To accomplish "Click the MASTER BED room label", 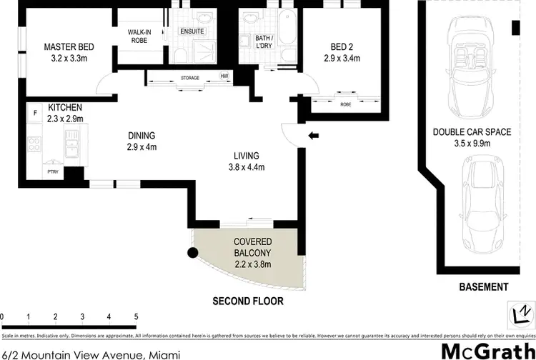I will (69, 47).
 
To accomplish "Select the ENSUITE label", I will (192, 31).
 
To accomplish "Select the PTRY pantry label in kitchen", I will (53, 171).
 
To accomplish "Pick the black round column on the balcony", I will (192, 251).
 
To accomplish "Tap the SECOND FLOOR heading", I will (248, 301).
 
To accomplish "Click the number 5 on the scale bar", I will (136, 316).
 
